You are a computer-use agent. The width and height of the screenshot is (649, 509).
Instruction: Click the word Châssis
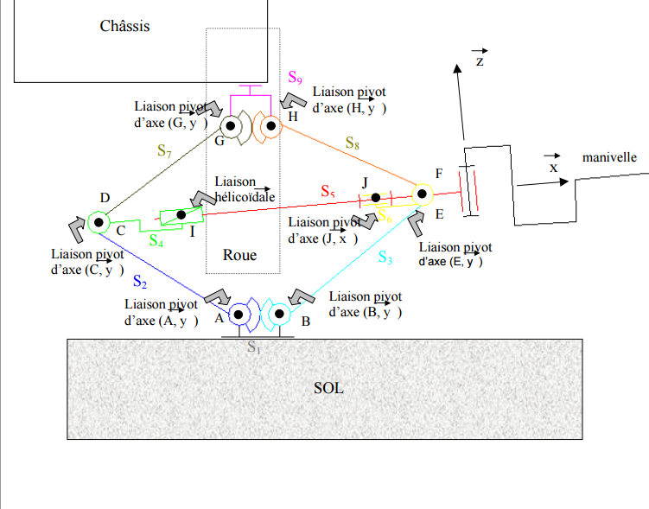tap(124, 26)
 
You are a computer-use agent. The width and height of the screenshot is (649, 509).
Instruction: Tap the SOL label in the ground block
tap(328, 388)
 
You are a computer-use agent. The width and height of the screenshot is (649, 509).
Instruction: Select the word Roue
tap(239, 255)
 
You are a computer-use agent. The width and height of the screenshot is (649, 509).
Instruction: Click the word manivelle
tap(609, 157)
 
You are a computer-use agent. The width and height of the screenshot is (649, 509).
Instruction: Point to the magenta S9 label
tap(295, 79)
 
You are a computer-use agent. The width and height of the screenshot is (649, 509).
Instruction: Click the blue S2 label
tap(140, 281)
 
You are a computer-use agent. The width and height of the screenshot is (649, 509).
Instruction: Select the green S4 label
tap(157, 240)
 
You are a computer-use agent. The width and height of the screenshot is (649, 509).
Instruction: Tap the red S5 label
tap(328, 191)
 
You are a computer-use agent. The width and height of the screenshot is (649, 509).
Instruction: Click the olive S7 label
tap(165, 150)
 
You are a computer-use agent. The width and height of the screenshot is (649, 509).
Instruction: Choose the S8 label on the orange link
tap(353, 143)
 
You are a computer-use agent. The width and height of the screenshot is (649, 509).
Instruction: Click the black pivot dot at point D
tap(99, 222)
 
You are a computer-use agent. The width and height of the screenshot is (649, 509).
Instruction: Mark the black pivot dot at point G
tap(232, 128)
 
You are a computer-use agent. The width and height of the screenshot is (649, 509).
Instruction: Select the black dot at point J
tap(376, 198)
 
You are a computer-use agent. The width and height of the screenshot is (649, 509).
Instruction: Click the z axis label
tap(480, 61)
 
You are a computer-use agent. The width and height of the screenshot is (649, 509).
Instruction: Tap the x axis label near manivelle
tap(553, 168)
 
